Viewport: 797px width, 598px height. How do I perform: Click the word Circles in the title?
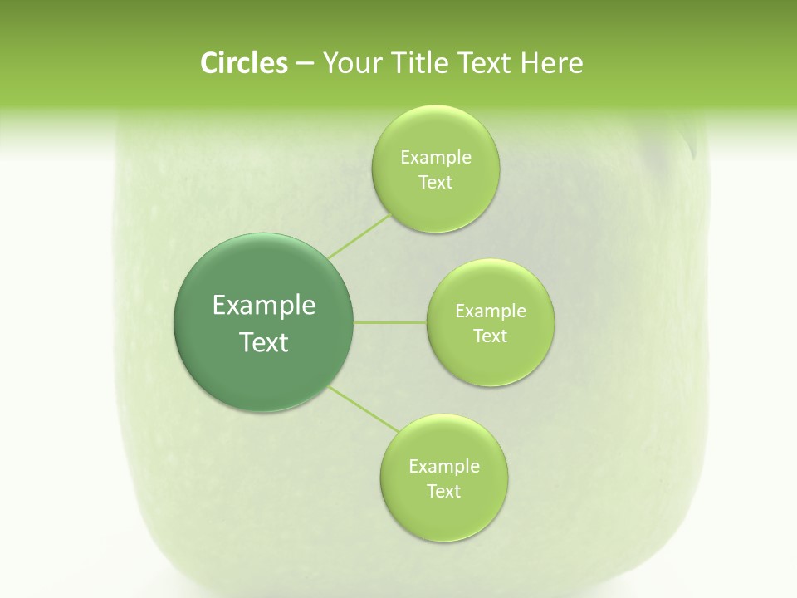click(x=243, y=63)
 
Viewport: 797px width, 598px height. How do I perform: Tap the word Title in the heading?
click(x=418, y=63)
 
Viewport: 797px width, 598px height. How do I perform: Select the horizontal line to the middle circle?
click(x=390, y=322)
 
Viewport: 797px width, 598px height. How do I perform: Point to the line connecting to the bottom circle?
click(x=364, y=409)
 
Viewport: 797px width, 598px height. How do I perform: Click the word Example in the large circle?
click(x=264, y=306)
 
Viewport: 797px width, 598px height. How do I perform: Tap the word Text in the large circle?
click(x=264, y=342)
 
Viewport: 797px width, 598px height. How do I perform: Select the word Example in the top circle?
click(x=436, y=158)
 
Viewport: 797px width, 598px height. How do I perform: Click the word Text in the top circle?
click(x=435, y=183)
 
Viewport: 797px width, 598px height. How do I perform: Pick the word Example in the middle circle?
click(x=491, y=311)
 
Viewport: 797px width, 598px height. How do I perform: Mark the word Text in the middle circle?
click(x=490, y=336)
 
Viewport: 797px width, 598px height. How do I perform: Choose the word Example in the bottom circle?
click(x=444, y=467)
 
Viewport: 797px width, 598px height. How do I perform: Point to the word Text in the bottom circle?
click(x=443, y=492)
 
